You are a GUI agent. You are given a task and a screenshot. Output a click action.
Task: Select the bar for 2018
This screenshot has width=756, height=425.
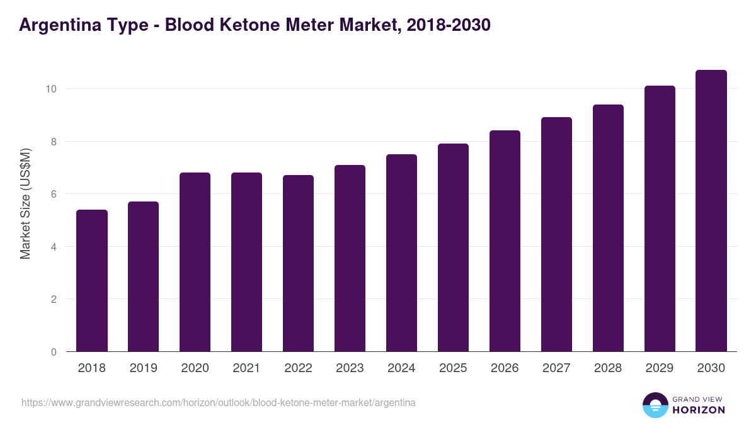pos(92,281)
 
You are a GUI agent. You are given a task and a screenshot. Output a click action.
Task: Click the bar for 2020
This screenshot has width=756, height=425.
pos(195,262)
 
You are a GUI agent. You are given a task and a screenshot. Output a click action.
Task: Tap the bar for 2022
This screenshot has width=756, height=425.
pos(299,263)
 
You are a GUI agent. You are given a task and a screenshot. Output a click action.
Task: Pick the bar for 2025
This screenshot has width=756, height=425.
pos(454,247)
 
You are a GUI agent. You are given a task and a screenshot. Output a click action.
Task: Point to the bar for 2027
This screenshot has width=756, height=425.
pos(557,234)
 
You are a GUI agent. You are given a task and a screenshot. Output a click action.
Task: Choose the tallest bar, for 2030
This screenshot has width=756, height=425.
pos(712,211)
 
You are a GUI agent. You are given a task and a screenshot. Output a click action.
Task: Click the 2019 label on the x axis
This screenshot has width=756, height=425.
pos(144,368)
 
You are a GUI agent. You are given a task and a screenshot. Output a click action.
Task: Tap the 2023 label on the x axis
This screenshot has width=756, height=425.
pos(350,368)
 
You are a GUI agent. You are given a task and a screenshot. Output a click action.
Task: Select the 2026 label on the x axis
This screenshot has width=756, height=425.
pos(505,368)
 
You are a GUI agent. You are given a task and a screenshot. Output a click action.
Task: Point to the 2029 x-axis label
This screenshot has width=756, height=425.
pos(660,368)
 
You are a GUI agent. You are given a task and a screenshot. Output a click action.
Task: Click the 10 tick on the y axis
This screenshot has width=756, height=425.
pos(51,89)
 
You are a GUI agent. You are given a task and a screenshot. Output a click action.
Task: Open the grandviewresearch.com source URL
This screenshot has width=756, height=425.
pos(219,402)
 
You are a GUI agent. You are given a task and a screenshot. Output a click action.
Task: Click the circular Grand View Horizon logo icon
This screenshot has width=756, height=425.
pos(655,405)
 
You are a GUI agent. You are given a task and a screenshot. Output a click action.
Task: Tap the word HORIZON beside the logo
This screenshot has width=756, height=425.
pos(699,410)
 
